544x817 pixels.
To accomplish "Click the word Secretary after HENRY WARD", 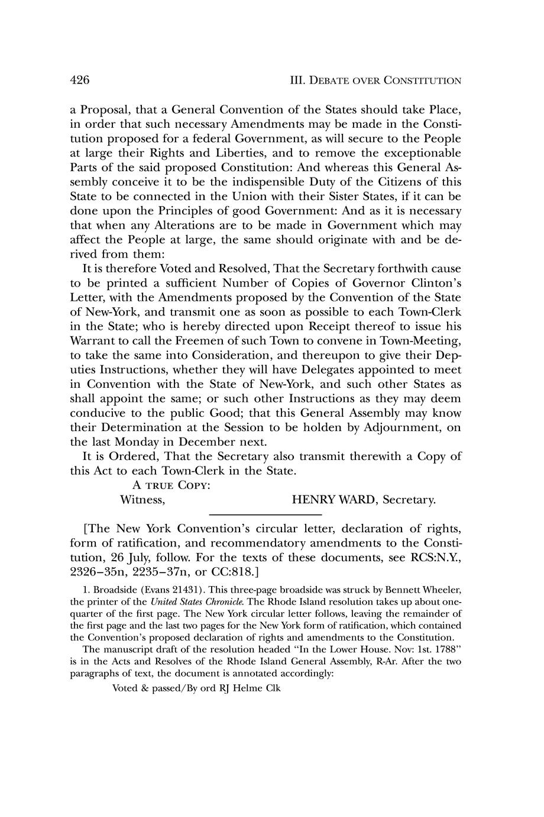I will tap(409, 500).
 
